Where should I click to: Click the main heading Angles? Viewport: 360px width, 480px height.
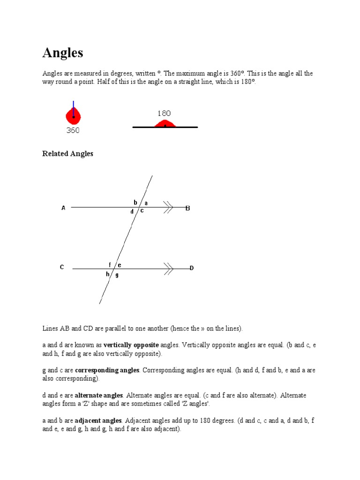63,53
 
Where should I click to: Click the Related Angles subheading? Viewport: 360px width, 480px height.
68,154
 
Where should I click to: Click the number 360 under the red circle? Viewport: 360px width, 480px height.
73,131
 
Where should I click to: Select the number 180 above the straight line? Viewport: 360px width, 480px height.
164,113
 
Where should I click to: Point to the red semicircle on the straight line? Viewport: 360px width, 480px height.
165,124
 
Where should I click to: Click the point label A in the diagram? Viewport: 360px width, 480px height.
63,208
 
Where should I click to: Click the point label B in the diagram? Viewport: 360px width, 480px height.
187,208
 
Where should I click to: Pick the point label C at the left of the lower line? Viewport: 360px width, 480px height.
61,267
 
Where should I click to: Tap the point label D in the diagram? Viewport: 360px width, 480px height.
191,268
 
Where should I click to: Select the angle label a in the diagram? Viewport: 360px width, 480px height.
146,203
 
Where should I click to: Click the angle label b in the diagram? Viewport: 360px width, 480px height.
135,202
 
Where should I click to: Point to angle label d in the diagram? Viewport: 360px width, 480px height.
132,212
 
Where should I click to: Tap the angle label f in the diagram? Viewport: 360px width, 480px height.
110,265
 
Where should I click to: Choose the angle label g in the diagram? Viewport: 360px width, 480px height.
117,275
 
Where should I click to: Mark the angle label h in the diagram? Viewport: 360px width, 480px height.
107,274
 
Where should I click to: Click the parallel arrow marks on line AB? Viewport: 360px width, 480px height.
168,207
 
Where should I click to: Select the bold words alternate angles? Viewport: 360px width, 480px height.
99,395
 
